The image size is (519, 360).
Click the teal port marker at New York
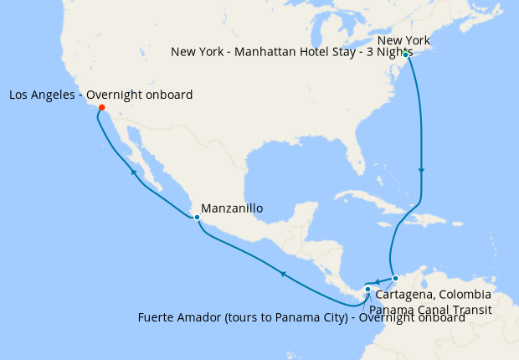pos(405,54)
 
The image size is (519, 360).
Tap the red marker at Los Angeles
pos(101,107)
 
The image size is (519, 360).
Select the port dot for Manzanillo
pos(196,218)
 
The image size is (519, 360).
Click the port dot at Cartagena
pos(396,278)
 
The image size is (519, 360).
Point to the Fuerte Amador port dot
pos(367,290)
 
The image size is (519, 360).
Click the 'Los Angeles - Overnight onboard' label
pos(100,95)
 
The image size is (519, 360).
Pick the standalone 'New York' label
pos(403,40)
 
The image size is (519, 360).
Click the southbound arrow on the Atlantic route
pos(421,171)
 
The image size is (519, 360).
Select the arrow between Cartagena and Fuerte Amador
pos(378,281)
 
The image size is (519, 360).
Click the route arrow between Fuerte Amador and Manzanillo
pos(283,273)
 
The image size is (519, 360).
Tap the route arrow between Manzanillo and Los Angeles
pos(134,172)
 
